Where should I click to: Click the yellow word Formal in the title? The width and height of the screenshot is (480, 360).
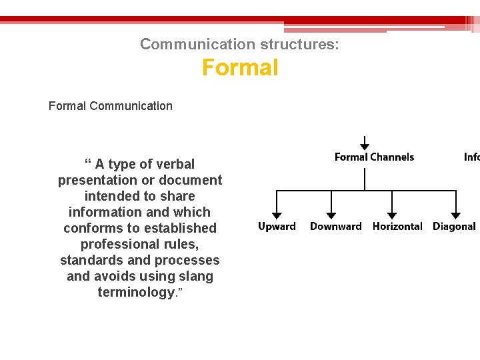pyautogui.click(x=240, y=68)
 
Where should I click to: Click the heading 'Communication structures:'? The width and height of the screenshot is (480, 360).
pyautogui.click(x=239, y=45)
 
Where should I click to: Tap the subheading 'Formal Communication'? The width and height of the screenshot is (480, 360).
pyautogui.click(x=111, y=105)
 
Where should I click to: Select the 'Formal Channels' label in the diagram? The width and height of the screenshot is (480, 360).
pyautogui.click(x=374, y=157)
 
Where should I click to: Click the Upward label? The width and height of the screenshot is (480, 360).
pyautogui.click(x=277, y=227)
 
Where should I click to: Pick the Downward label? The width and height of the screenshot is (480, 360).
pyautogui.click(x=335, y=227)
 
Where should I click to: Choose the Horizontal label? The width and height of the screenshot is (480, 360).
pyautogui.click(x=397, y=227)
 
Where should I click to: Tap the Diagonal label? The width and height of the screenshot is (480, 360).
pyautogui.click(x=454, y=227)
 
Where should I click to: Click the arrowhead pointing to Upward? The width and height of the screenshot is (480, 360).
pyautogui.click(x=277, y=215)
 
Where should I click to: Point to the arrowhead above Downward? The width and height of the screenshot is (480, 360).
pyautogui.click(x=331, y=215)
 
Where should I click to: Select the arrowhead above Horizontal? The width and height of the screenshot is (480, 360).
pyautogui.click(x=391, y=215)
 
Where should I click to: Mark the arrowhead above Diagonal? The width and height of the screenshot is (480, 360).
pyautogui.click(x=455, y=215)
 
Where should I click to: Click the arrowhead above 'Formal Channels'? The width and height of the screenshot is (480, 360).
pyautogui.click(x=365, y=146)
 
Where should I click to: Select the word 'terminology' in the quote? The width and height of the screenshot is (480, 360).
pyautogui.click(x=136, y=292)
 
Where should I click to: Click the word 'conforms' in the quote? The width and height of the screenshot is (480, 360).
pyautogui.click(x=90, y=228)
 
